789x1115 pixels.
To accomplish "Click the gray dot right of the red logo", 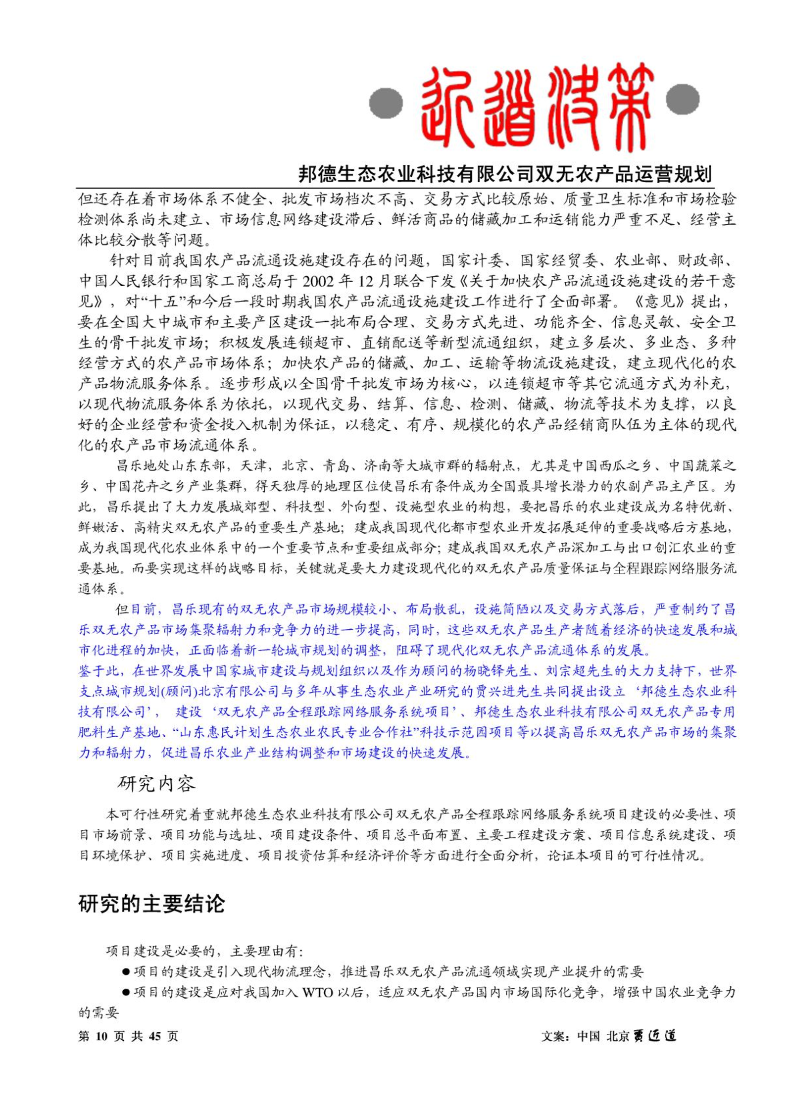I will [683, 99].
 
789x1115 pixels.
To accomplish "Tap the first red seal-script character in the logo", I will [448, 106].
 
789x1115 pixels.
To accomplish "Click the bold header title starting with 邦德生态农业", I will [505, 174].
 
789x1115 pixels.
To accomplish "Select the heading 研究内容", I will [157, 784].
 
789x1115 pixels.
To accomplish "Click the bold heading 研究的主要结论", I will [152, 904].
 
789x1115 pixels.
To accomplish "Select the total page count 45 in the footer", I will [155, 1036].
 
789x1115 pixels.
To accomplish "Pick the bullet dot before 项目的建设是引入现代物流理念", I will [127, 972].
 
